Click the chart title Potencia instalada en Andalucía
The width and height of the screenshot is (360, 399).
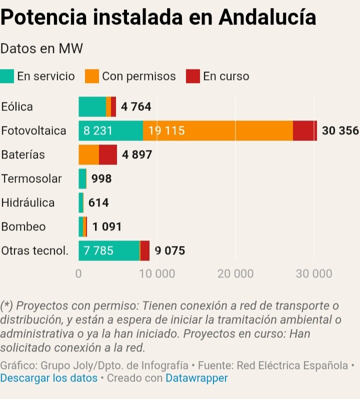[x=158, y=17]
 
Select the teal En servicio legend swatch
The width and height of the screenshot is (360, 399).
[x=7, y=76]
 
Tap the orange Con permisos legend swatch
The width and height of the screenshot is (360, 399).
[x=92, y=76]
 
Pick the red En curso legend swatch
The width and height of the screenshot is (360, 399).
[x=193, y=76]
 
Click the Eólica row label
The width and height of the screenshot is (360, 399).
[x=17, y=106]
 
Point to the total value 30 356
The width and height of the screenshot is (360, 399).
[x=340, y=131]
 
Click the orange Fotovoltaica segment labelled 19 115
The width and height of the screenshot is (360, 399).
[x=217, y=131]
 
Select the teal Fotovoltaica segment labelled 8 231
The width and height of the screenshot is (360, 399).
[x=110, y=131]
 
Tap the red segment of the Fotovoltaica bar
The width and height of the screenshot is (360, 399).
[x=304, y=131]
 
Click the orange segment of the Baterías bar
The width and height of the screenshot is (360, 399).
[x=88, y=155]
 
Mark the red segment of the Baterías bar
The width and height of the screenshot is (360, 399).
[x=108, y=155]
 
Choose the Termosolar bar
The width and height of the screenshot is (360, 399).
[x=82, y=178]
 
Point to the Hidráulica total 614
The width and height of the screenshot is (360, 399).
[x=98, y=203]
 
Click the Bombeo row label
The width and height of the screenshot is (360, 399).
[x=23, y=226]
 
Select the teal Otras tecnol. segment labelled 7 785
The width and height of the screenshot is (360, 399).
[x=109, y=250]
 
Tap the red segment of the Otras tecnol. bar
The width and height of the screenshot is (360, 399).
[x=144, y=250]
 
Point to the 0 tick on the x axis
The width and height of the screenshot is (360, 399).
[x=78, y=274]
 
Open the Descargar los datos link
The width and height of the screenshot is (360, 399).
[x=49, y=378]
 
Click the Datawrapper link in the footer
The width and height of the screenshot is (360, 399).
[x=196, y=378]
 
